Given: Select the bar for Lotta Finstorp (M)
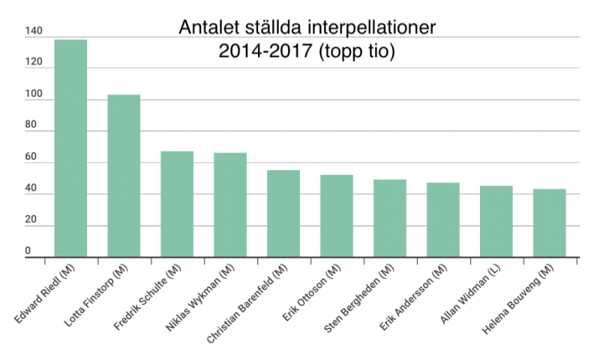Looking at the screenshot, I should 124,176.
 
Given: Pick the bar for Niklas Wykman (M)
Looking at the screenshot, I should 230,205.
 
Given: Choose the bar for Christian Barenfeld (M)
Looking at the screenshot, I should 283,214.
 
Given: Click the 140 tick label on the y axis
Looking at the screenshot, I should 33,31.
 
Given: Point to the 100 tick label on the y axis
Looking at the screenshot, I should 33,94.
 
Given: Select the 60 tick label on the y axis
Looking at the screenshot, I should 30,157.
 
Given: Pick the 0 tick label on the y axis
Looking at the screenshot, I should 28,250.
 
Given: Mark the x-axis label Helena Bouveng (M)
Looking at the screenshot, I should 517,300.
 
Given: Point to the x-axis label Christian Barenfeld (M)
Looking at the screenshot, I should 247,304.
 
